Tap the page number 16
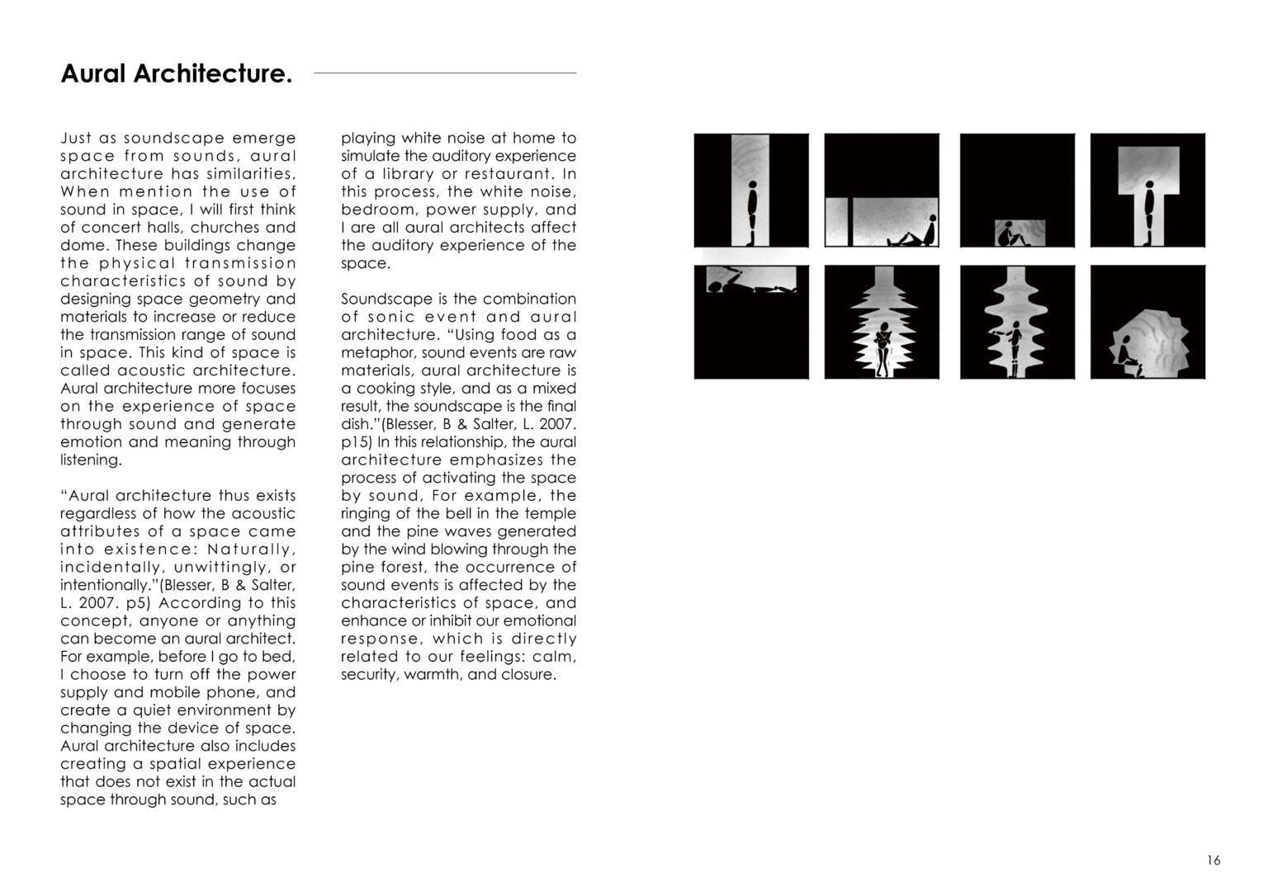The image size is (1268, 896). [1213, 861]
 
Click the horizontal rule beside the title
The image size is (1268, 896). [445, 73]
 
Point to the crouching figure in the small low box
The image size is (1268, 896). [1009, 235]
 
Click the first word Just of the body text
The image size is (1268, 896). [76, 139]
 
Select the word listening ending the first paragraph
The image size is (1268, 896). [90, 460]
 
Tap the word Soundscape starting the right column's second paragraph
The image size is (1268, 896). [383, 299]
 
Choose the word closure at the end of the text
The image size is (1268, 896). [525, 675]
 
